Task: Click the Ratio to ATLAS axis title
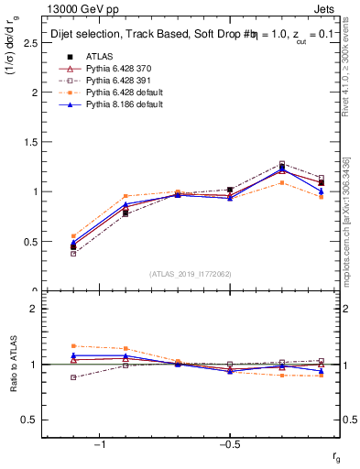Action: [12, 365]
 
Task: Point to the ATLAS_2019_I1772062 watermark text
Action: [191, 273]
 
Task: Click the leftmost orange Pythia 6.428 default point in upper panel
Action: [73, 236]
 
